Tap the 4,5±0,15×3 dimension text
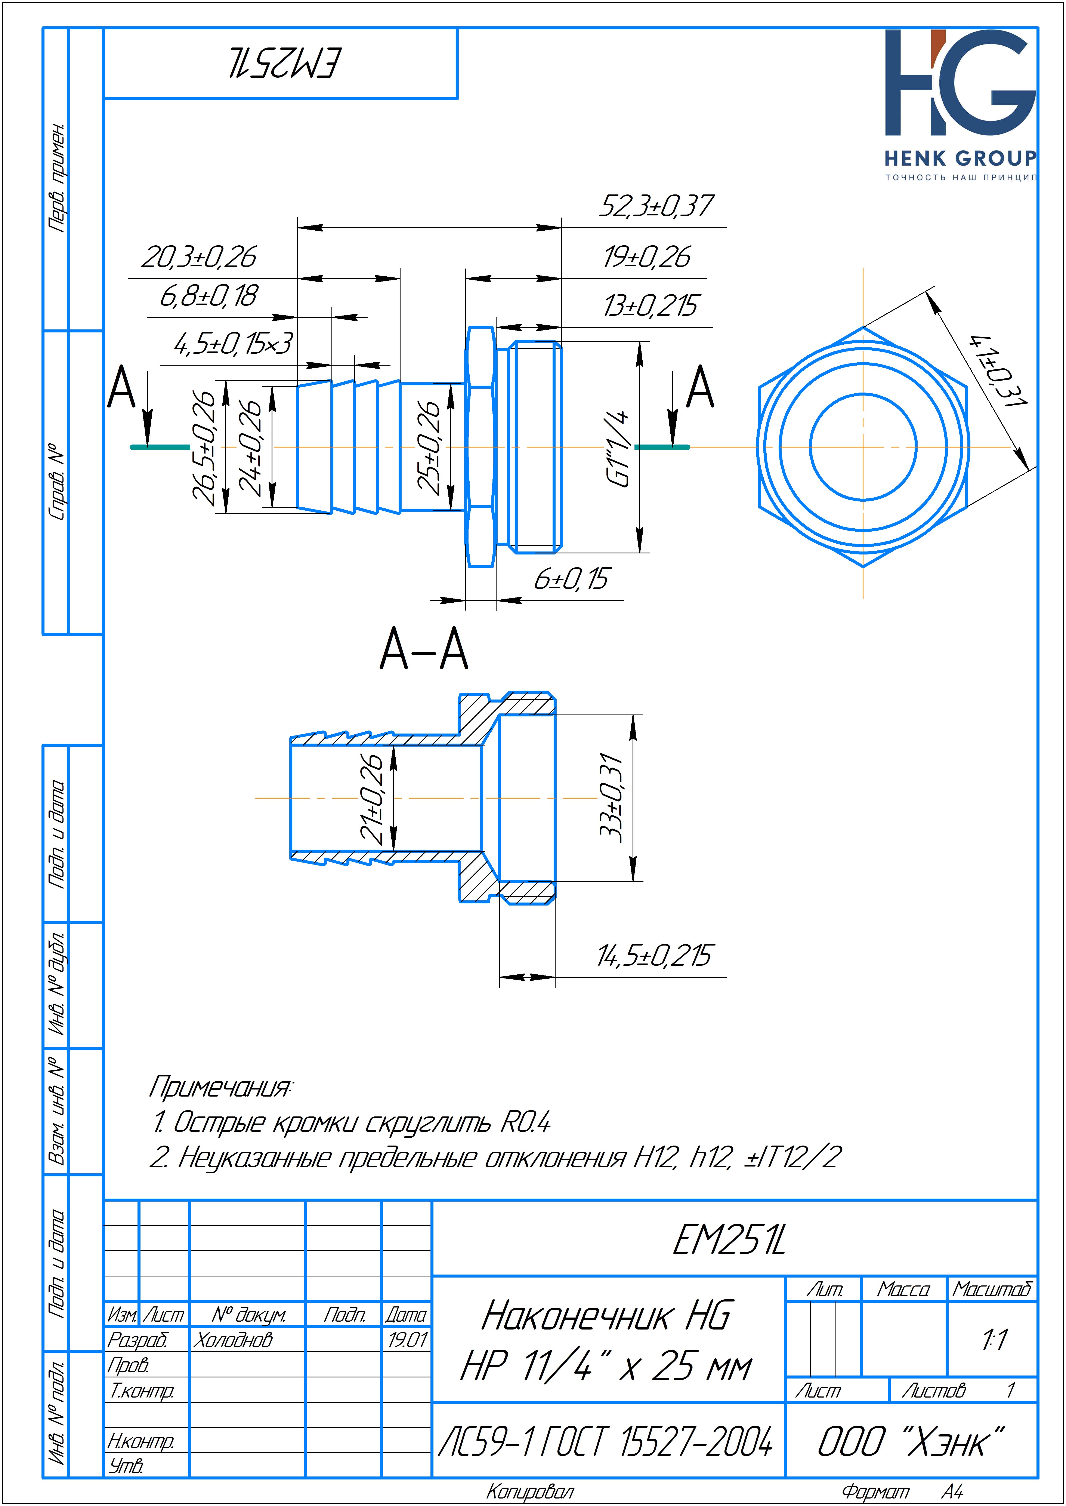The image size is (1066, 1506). [x=233, y=343]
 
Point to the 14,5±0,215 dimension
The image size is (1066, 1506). [x=653, y=956]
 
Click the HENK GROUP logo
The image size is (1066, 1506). [x=960, y=105]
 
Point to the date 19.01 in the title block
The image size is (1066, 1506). [x=407, y=1340]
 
